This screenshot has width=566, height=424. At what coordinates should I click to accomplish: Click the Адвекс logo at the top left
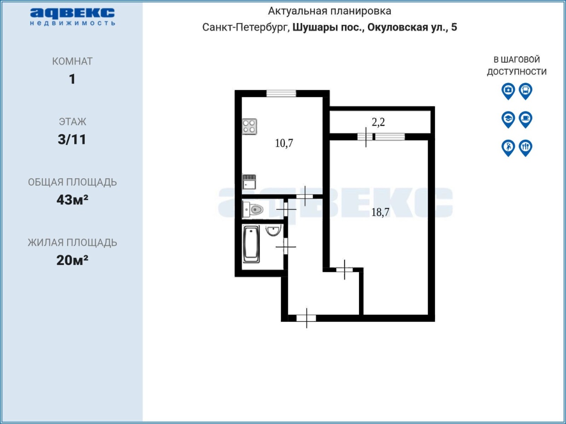[x=73, y=17]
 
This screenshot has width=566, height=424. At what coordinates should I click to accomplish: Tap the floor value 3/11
[x=72, y=139]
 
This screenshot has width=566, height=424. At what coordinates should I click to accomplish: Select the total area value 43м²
[x=73, y=200]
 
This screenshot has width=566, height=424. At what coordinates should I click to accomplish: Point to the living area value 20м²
[x=72, y=260]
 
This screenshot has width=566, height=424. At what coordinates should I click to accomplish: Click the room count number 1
[x=72, y=79]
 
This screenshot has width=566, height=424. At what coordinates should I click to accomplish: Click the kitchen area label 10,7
[x=284, y=143]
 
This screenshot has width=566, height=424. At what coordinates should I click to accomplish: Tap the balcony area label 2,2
[x=378, y=122]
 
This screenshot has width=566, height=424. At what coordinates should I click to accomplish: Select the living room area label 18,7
[x=380, y=212]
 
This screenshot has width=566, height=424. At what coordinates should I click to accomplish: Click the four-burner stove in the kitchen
[x=249, y=126]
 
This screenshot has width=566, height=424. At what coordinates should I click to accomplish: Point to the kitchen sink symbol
[x=249, y=182]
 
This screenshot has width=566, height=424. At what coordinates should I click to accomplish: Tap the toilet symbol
[x=253, y=210]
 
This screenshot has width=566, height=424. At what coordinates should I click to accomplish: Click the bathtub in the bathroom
[x=252, y=244]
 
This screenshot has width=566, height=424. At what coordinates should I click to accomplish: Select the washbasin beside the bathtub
[x=273, y=230]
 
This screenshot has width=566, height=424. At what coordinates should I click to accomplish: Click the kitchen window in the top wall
[x=281, y=93]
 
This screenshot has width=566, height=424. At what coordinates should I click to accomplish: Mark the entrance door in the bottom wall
[x=306, y=318]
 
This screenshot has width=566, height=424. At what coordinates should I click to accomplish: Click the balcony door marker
[x=366, y=137]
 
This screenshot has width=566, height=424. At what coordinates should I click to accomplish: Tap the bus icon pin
[x=525, y=91]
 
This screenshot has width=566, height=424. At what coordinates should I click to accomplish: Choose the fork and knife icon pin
[x=525, y=148]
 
